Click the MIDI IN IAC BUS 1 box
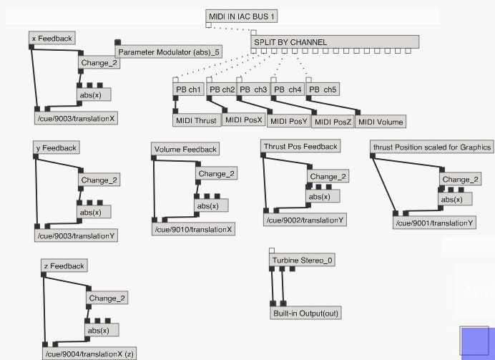click(x=242, y=16)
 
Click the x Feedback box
click(x=52, y=38)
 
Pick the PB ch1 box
click(x=189, y=89)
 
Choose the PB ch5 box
click(x=323, y=89)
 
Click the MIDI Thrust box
click(x=196, y=121)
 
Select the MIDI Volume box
click(x=381, y=122)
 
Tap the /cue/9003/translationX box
click(x=75, y=118)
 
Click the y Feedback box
click(x=55, y=148)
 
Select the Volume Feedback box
click(x=185, y=149)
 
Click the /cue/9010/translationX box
click(x=194, y=229)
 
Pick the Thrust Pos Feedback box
click(x=300, y=147)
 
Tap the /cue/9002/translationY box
click(x=305, y=220)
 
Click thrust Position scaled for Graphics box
click(x=432, y=147)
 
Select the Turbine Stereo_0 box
click(x=302, y=261)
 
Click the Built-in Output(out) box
click(x=305, y=313)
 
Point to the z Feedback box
click(x=64, y=266)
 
